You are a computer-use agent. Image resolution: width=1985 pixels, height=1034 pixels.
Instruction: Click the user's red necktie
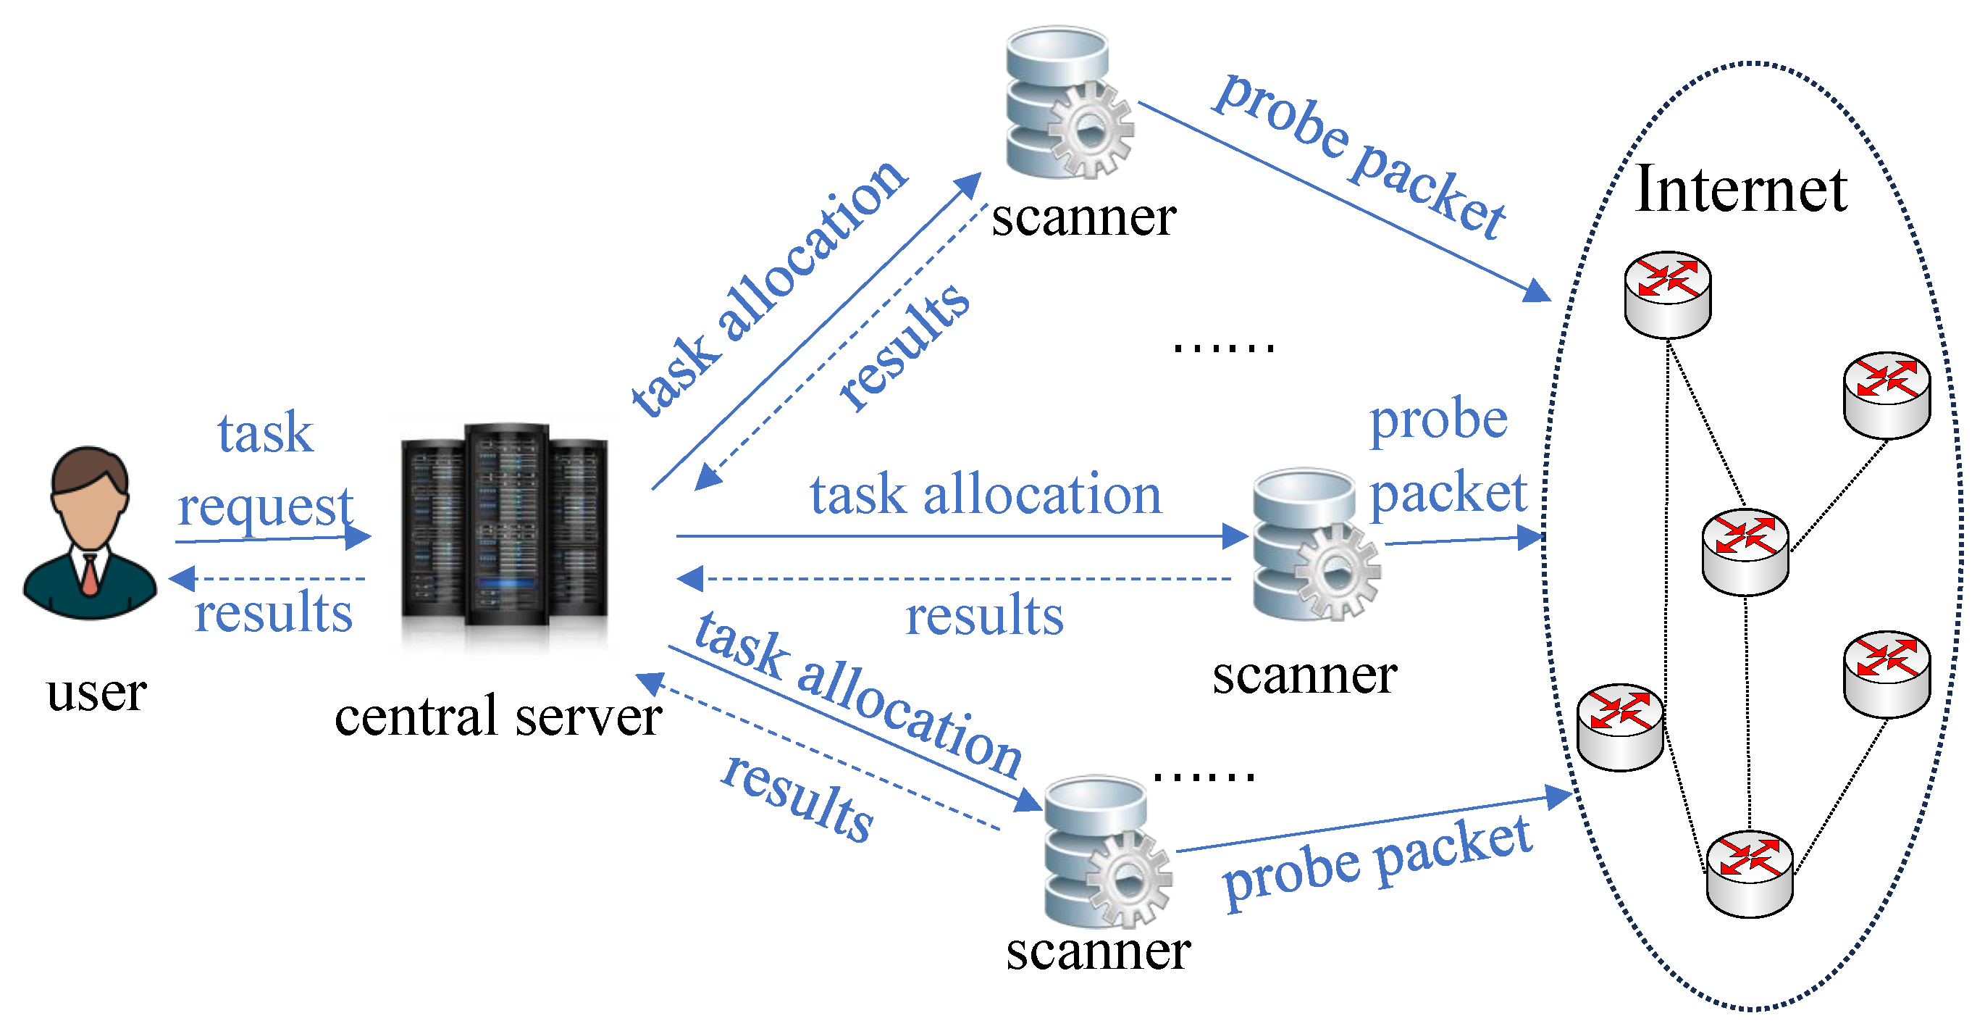[90, 575]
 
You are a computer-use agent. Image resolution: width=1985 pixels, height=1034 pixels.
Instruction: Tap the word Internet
[1742, 189]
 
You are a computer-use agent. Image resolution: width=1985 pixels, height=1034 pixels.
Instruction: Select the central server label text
[498, 717]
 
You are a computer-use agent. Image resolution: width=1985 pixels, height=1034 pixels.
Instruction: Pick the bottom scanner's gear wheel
[1129, 878]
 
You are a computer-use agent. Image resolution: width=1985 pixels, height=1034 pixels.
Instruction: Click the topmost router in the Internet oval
[1668, 294]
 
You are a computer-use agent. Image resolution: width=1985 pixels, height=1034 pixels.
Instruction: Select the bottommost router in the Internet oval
[1749, 874]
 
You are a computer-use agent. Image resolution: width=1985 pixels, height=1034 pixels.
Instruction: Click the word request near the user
[266, 508]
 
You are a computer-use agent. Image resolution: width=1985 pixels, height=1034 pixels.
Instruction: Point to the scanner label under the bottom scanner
[1098, 951]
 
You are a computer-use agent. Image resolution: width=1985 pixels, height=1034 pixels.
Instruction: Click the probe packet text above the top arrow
[1360, 156]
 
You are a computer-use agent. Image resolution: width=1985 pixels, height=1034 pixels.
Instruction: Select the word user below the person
[96, 693]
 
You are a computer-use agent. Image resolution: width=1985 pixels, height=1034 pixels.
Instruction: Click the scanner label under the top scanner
[1083, 217]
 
